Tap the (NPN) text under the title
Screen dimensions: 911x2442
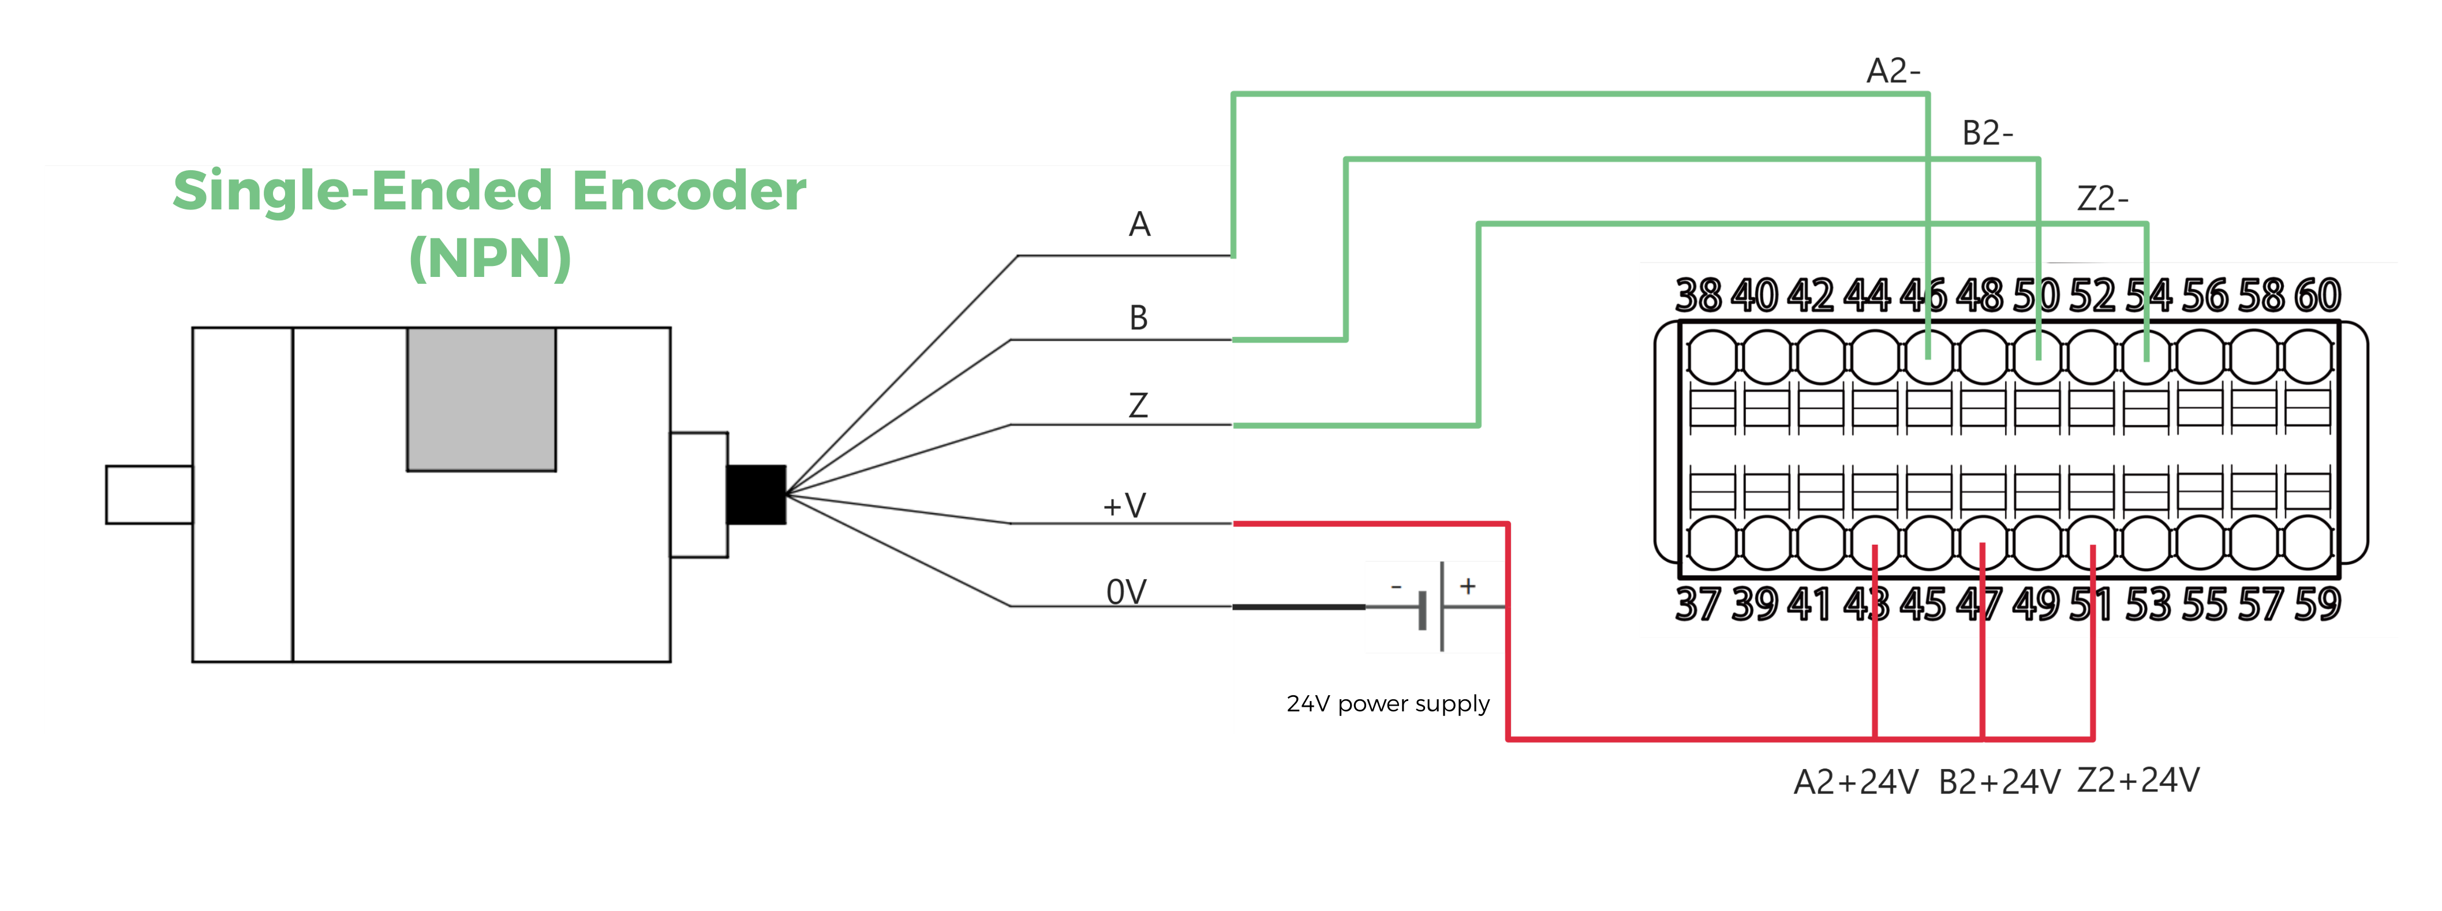coord(489,258)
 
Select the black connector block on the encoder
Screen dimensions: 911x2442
coord(756,494)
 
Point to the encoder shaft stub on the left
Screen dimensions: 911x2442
coord(149,494)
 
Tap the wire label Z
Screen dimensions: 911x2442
coord(1139,406)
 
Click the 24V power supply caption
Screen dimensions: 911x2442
coord(1388,703)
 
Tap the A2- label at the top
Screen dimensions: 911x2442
coord(1893,71)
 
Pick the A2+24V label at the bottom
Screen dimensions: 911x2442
coord(1855,782)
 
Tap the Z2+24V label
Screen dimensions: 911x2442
coord(2138,780)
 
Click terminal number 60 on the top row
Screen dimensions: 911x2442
coord(2317,296)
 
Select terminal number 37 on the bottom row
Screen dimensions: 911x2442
coord(1698,605)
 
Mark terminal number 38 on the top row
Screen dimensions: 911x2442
coord(1698,296)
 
